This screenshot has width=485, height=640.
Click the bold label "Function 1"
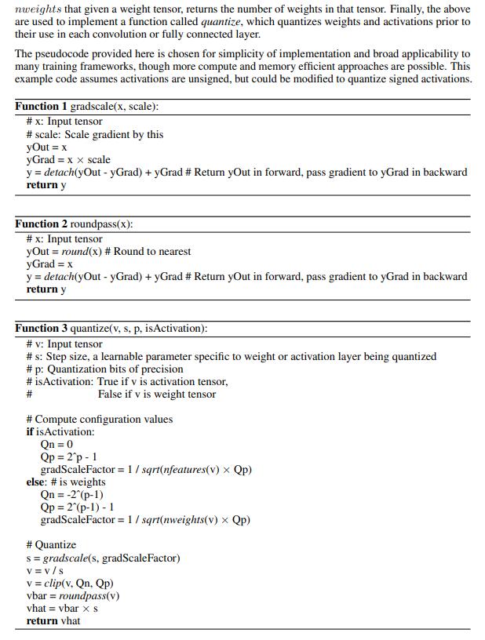pos(41,106)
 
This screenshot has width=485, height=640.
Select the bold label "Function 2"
pos(41,224)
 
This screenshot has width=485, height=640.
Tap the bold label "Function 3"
pos(41,328)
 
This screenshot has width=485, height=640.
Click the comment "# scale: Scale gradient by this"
pos(95,134)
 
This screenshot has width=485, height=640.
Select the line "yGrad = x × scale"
pos(68,159)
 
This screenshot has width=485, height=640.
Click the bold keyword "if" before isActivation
pos(30,431)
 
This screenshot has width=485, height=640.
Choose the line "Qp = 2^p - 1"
pos(68,456)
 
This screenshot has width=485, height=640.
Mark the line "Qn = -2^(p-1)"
pos(71,494)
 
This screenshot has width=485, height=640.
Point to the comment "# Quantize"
pos(51,544)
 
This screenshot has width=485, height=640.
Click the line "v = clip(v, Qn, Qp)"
pos(70,583)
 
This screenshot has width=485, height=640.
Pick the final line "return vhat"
pos(53,620)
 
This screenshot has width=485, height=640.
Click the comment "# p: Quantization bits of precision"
pos(104,369)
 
